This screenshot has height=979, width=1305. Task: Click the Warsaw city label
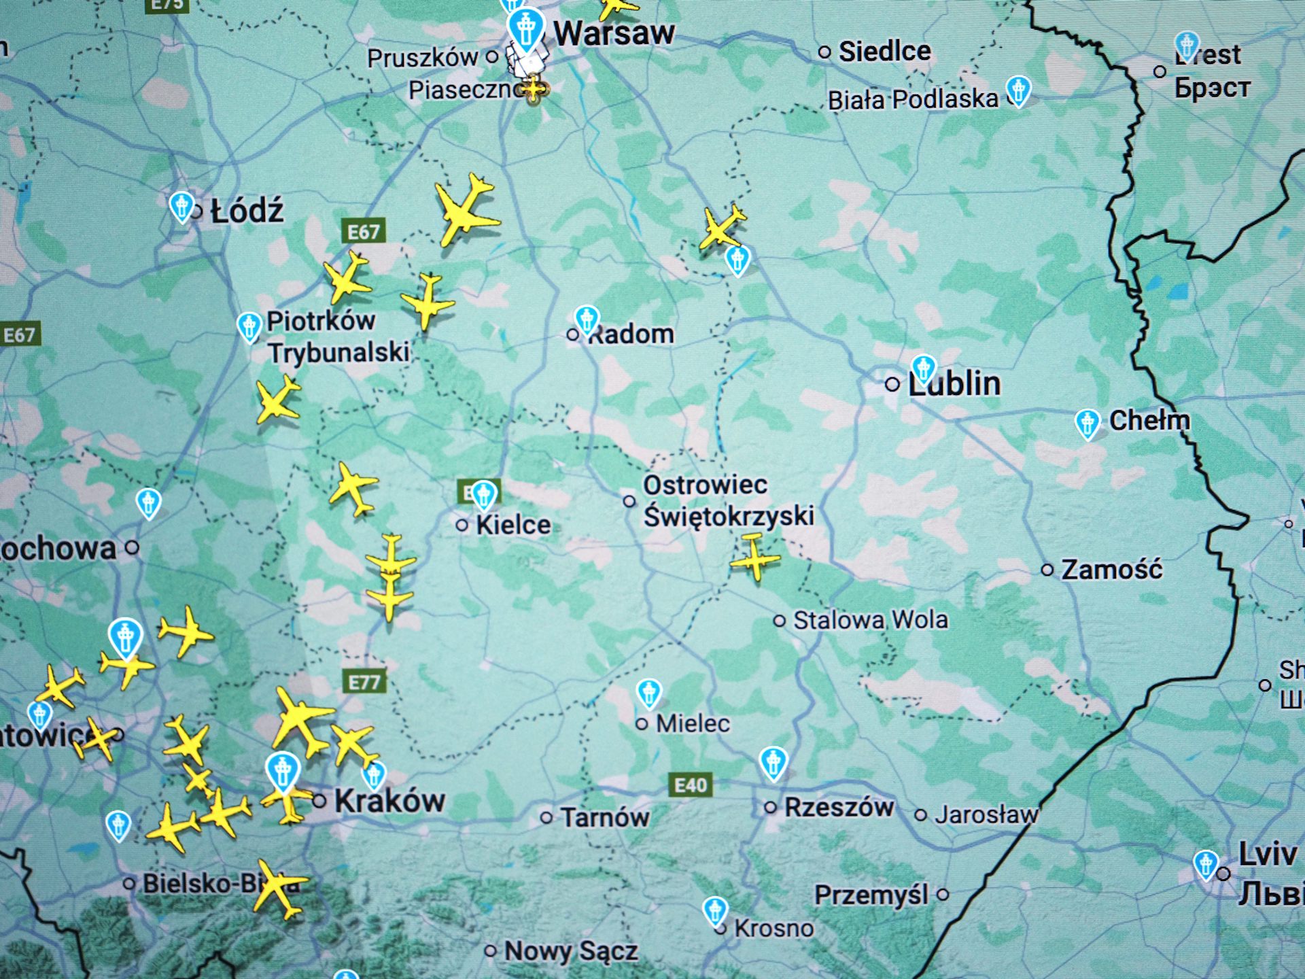614,33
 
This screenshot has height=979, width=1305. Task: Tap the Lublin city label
954,384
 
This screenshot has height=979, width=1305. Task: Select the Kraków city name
389,801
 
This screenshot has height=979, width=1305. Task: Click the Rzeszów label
839,808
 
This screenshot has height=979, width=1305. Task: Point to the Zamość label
1112,570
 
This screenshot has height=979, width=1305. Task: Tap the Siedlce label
884,51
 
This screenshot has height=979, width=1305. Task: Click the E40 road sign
691,785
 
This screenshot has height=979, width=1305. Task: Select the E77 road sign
364,682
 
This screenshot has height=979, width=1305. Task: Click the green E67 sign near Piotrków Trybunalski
364,232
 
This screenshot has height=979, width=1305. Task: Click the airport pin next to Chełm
1087,424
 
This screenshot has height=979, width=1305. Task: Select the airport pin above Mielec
649,693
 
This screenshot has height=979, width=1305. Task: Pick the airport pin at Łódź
181,206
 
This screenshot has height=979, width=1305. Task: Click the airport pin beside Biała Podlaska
1018,90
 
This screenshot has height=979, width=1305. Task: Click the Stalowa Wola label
871,620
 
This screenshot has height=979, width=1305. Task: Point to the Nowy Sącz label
571,951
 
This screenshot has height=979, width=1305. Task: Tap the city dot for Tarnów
546,817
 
